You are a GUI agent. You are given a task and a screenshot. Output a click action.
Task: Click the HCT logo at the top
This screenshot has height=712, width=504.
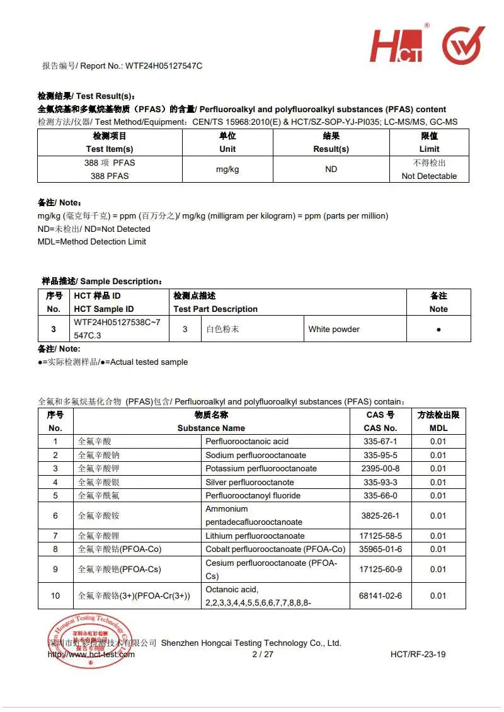pyautogui.click(x=398, y=45)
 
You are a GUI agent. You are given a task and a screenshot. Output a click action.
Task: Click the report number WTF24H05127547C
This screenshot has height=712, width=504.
pyautogui.click(x=164, y=66)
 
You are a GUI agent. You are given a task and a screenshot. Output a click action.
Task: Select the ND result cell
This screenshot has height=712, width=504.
pyautogui.click(x=331, y=169)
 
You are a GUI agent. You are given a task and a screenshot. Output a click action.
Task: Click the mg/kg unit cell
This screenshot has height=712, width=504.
pyautogui.click(x=227, y=169)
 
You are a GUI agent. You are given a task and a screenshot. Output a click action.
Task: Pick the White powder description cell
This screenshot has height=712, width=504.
pyautogui.click(x=334, y=329)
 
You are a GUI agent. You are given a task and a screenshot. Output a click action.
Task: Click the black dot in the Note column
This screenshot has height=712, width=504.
pyautogui.click(x=438, y=330)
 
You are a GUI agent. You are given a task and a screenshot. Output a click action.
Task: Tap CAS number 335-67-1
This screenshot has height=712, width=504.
pyautogui.click(x=381, y=441)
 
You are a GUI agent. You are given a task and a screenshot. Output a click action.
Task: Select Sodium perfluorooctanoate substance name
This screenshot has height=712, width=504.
pyautogui.click(x=256, y=455)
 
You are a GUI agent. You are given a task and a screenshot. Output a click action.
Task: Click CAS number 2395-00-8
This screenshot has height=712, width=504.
pyautogui.click(x=381, y=468)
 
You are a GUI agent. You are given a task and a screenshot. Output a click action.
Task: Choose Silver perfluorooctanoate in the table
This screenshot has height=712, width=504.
pyautogui.click(x=249, y=482)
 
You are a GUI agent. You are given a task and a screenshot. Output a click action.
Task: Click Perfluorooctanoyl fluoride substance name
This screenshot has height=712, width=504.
pyautogui.click(x=253, y=495)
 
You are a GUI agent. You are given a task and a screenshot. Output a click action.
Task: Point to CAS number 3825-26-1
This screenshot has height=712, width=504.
pyautogui.click(x=381, y=515)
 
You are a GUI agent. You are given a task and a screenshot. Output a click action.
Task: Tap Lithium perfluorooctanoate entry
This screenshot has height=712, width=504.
pyautogui.click(x=255, y=536)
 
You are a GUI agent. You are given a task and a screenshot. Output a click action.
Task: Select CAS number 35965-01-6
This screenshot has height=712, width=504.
pyautogui.click(x=381, y=549)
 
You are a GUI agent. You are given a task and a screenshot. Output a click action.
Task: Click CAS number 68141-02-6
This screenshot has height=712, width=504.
pyautogui.click(x=381, y=595)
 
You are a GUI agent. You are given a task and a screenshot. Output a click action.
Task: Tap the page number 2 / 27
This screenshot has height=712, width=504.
pyautogui.click(x=263, y=654)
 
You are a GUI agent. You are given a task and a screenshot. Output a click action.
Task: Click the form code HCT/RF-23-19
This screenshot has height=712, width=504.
pyautogui.click(x=418, y=654)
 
